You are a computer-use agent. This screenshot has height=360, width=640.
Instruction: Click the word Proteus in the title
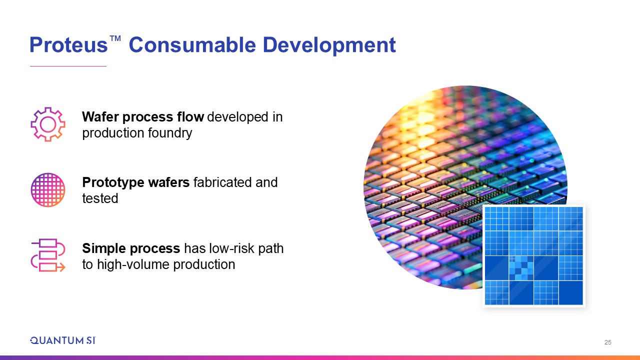click(68, 45)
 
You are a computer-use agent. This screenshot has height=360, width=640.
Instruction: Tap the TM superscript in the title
click(115, 38)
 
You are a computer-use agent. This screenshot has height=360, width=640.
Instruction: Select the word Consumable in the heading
click(192, 45)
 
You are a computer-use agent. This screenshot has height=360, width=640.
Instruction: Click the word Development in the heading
click(329, 45)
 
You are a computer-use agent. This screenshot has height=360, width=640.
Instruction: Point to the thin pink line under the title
click(68, 66)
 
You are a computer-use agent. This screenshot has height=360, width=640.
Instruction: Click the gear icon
click(48, 124)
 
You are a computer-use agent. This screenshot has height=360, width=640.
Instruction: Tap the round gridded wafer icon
click(48, 189)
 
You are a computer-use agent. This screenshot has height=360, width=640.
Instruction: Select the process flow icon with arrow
click(48, 255)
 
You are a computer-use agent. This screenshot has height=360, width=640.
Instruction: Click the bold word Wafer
click(100, 116)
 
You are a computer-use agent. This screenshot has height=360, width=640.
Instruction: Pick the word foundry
click(170, 133)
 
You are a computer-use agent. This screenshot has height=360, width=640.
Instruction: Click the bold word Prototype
click(113, 183)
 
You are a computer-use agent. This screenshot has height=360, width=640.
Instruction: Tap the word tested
click(100, 198)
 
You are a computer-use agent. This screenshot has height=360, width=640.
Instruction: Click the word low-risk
click(231, 248)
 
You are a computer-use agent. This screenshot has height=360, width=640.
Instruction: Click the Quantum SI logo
click(63, 340)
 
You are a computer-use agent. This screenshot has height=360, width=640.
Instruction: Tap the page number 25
click(607, 342)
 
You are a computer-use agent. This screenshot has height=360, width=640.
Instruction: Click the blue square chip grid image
click(533, 256)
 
